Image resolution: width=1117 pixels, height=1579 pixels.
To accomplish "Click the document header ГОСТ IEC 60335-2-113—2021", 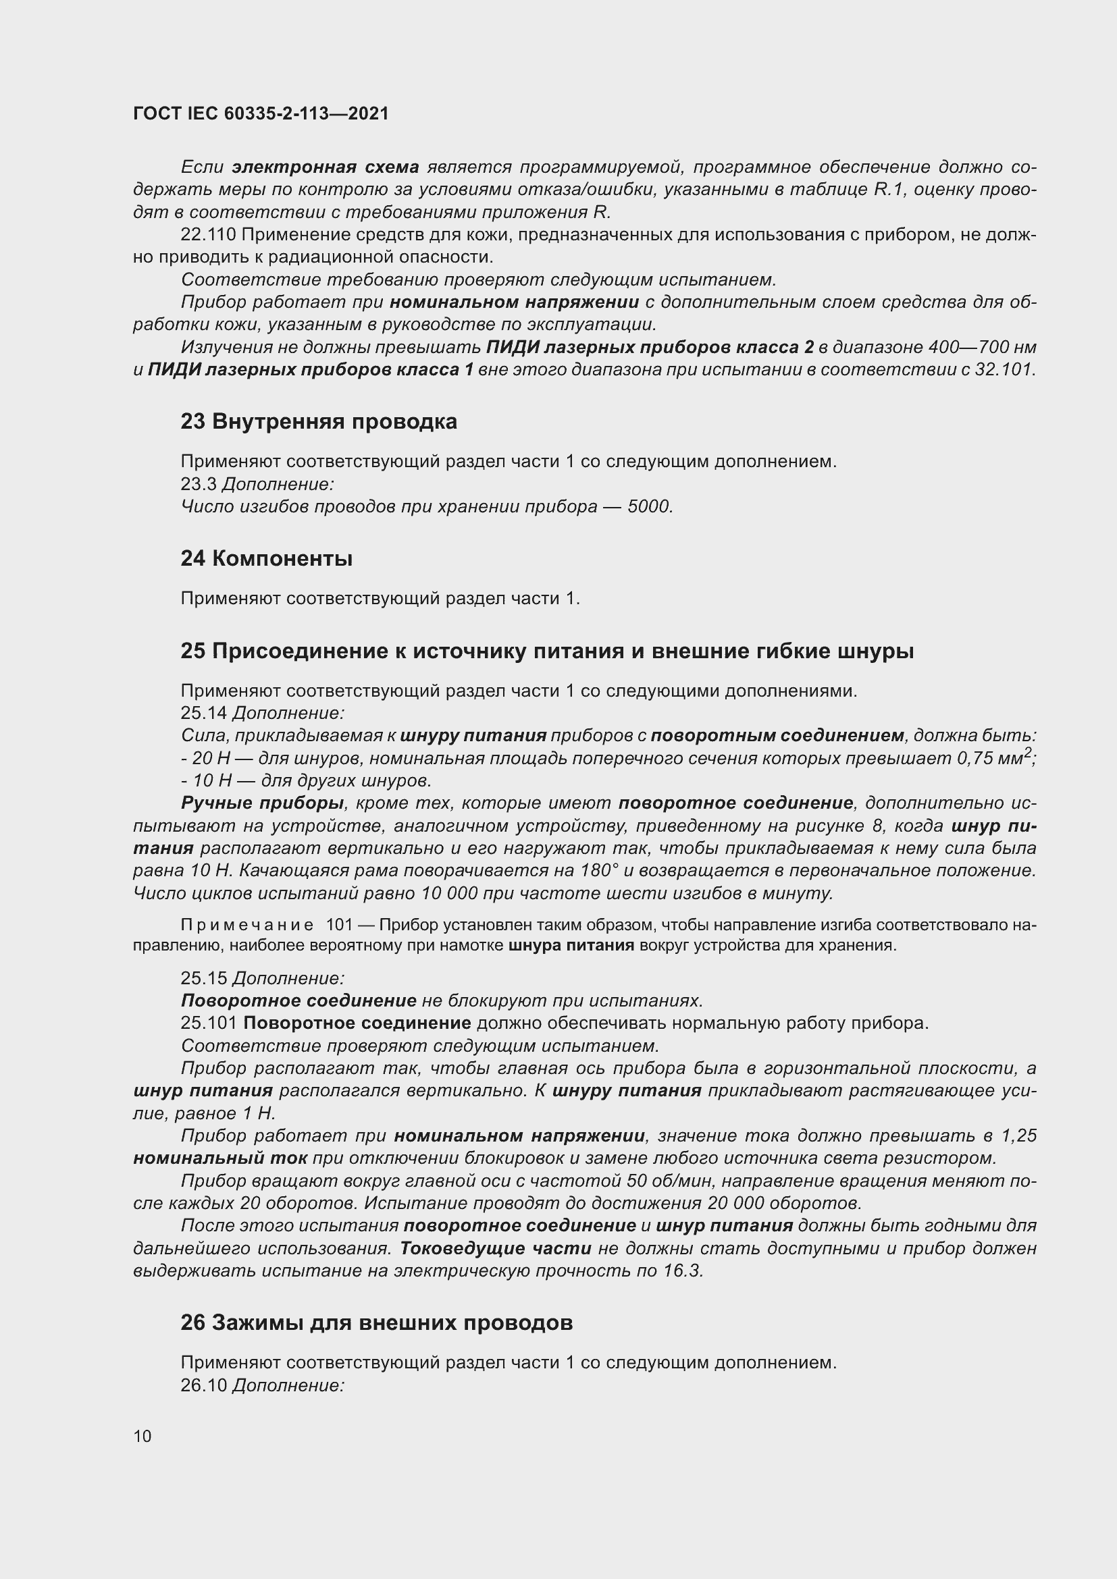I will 261,113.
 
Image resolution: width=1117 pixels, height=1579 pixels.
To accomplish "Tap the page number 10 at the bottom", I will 142,1436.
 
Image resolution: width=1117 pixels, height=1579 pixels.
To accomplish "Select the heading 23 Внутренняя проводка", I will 319,421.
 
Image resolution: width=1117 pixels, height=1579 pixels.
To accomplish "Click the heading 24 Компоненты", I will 266,558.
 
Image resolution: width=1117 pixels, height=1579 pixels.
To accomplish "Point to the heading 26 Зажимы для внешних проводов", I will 376,1322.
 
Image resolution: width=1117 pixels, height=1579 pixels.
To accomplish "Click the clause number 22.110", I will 208,235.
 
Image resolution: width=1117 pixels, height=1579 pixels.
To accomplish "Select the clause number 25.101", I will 209,1023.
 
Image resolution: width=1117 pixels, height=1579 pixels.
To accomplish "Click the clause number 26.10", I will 203,1385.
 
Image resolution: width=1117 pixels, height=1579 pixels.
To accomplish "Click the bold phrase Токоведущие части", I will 495,1248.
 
